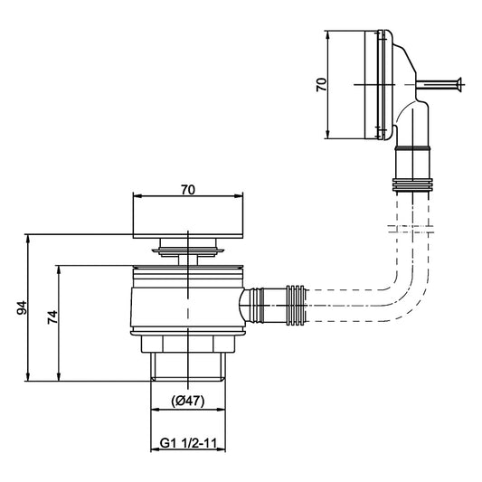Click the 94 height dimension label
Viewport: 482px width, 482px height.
click(x=22, y=307)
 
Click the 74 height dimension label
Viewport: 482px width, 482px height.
click(x=52, y=317)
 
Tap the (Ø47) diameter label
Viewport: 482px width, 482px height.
click(x=187, y=401)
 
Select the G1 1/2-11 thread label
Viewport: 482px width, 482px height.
click(x=188, y=443)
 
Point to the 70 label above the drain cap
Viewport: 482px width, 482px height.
click(x=188, y=190)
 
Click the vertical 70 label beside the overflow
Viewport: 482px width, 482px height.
click(x=322, y=84)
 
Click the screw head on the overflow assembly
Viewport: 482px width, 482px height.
click(x=460, y=84)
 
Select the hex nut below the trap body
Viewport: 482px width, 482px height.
click(x=188, y=345)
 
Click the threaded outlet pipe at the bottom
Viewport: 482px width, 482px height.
click(x=188, y=366)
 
